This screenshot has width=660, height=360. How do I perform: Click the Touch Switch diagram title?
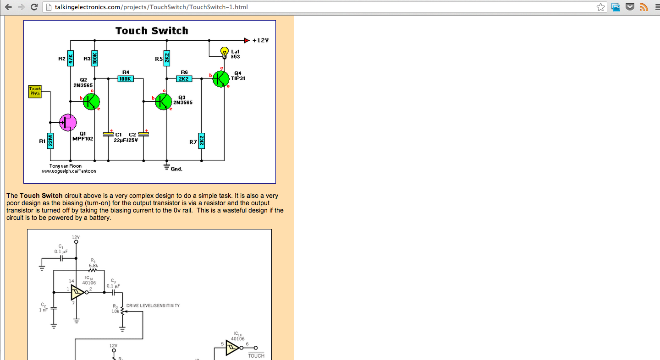[x=152, y=31]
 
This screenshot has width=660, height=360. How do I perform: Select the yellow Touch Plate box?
[x=35, y=91]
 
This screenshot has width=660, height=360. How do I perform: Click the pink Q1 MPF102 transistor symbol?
[x=68, y=122]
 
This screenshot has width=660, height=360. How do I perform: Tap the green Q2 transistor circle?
[x=91, y=101]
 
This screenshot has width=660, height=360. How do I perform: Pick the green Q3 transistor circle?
[x=163, y=101]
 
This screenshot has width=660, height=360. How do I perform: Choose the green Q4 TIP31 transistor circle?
[x=221, y=78]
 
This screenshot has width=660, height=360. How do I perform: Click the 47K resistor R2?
[x=71, y=58]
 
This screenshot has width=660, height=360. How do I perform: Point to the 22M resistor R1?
[x=51, y=141]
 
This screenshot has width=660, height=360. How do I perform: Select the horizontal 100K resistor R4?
[x=125, y=79]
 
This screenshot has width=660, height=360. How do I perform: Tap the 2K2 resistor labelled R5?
[x=167, y=58]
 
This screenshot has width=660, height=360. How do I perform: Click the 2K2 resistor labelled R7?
[x=202, y=141]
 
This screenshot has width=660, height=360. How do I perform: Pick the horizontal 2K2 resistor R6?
[x=184, y=79]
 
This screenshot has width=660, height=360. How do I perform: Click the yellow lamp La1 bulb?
[x=225, y=51]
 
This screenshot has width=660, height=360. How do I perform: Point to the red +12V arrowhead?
[x=247, y=40]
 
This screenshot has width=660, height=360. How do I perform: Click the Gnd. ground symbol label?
[x=176, y=169]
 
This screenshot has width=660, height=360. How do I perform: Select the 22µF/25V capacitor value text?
[x=126, y=140]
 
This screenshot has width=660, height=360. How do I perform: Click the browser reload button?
[x=34, y=7]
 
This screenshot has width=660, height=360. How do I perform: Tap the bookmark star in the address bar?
[x=600, y=7]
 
